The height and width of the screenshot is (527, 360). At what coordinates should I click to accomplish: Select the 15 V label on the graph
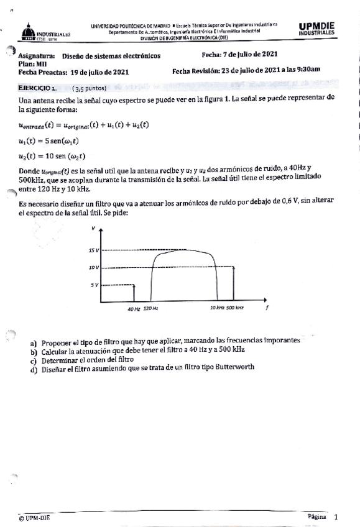click(94, 250)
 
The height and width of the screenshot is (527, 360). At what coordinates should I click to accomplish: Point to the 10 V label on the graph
click(94, 267)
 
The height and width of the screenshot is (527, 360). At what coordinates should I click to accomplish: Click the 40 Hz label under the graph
click(133, 308)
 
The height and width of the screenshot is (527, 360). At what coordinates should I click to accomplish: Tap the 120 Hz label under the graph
click(150, 308)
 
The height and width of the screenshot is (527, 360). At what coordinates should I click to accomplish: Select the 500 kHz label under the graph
click(235, 308)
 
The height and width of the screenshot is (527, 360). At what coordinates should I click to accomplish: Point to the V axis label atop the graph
click(94, 228)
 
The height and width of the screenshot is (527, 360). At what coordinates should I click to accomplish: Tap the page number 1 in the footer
click(336, 516)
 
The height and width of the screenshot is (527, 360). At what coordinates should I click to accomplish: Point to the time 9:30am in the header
click(307, 71)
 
